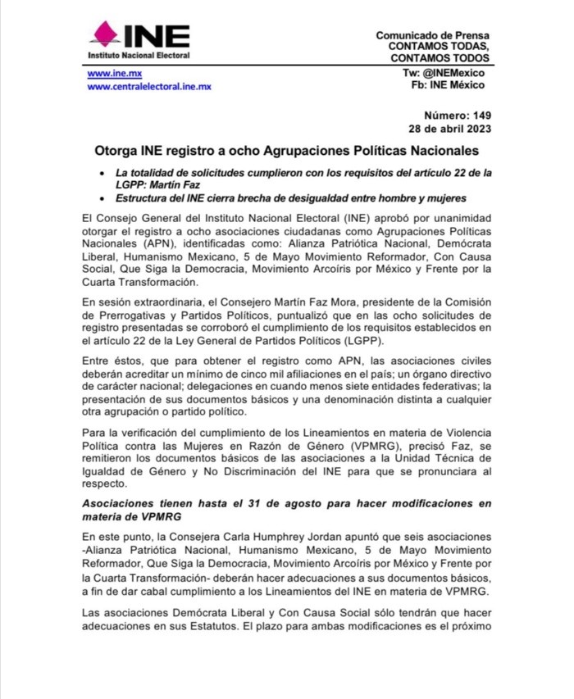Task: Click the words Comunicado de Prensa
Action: [432, 36]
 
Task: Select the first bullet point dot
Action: [100, 174]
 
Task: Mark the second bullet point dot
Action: [100, 199]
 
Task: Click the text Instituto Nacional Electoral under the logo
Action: [139, 55]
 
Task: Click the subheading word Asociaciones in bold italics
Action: [125, 502]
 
